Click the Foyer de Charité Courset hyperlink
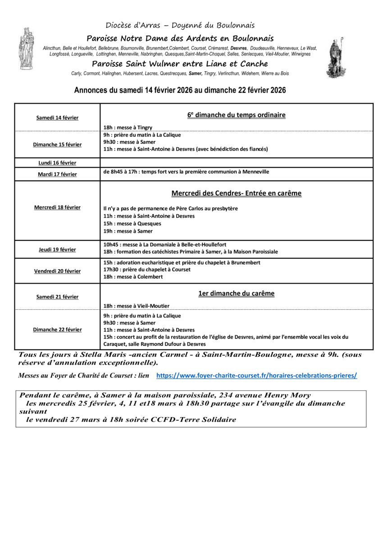[256, 375]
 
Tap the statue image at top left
[26, 48]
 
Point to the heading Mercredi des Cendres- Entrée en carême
[236, 193]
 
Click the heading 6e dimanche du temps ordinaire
[236, 115]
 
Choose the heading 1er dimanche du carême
[236, 293]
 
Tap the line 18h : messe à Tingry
[128, 128]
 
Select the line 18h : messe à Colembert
[133, 277]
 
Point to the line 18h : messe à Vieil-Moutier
[136, 306]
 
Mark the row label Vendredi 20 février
[57, 271]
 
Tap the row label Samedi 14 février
[57, 118]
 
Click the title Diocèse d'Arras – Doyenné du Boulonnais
[180, 25]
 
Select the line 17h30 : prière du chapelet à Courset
[147, 270]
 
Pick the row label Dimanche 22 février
[57, 330]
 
